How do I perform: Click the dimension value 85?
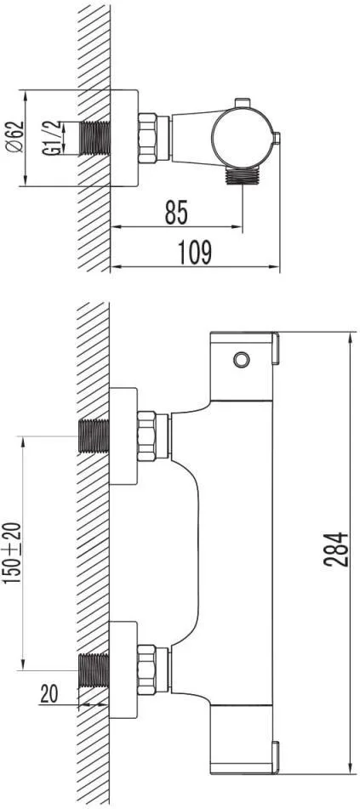point(176,212)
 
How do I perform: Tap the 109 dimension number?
point(195,253)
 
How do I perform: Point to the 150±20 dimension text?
point(13,553)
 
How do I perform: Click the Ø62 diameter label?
point(14,136)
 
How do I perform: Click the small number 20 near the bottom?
point(49,694)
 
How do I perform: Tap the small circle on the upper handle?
point(241,359)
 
